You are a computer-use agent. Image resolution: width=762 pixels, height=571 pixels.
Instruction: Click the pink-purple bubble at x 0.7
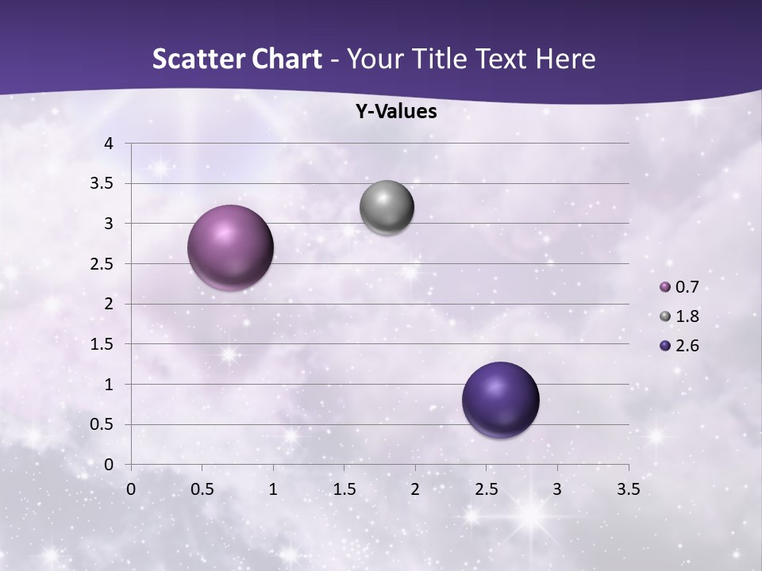click(x=230, y=247)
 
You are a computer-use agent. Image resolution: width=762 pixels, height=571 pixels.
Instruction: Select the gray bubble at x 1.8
click(x=387, y=207)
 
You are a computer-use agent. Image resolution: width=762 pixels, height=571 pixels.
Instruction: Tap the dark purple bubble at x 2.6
click(x=500, y=400)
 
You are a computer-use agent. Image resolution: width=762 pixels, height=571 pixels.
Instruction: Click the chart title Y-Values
click(x=395, y=112)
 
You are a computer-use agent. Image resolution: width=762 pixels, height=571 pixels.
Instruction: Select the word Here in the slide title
click(x=564, y=59)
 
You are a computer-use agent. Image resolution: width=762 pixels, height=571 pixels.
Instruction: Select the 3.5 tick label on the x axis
click(x=628, y=489)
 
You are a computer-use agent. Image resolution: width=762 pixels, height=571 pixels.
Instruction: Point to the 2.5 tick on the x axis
click(x=486, y=489)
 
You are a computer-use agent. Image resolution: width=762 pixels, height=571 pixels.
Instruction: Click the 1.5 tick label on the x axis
click(x=344, y=489)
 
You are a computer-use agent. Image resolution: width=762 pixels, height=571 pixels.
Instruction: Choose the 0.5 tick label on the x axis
click(x=202, y=489)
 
